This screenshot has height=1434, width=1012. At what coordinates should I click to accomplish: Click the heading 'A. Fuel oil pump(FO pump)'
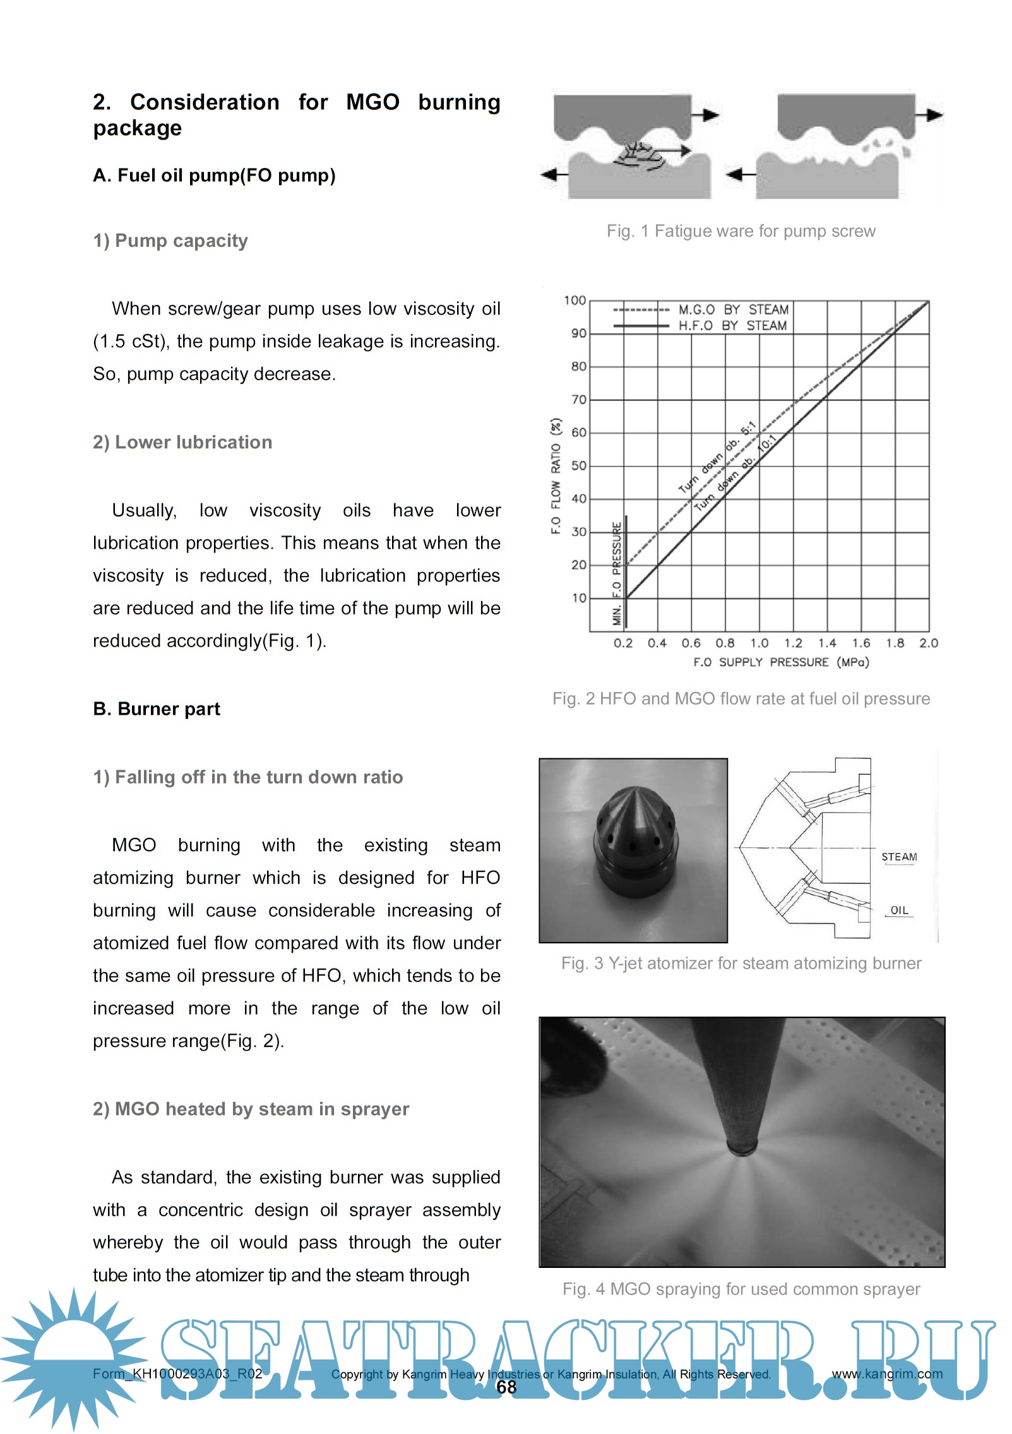(214, 176)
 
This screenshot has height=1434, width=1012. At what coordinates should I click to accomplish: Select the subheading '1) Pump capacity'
(170, 241)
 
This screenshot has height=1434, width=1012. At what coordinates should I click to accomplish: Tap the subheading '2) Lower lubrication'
(182, 442)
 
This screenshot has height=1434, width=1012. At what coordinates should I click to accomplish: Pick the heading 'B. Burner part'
(157, 709)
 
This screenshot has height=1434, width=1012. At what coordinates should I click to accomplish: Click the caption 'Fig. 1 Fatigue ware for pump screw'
(741, 231)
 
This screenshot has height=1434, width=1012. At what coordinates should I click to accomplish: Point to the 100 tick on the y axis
(574, 301)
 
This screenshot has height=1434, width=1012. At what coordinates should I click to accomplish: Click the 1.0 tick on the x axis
(759, 643)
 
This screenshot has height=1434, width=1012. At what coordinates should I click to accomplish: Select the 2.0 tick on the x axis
(928, 643)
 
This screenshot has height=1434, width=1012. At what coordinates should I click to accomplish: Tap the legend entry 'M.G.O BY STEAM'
(733, 309)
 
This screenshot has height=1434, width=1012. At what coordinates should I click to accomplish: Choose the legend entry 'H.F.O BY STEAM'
(732, 326)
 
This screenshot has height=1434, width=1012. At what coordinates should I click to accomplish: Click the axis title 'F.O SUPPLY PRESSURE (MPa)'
(781, 662)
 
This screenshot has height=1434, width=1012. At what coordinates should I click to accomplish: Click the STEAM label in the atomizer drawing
(899, 857)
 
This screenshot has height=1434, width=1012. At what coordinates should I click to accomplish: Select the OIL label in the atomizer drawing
(899, 910)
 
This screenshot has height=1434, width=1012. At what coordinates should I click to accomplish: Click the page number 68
(506, 1387)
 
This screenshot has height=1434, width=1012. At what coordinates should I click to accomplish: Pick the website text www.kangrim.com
(886, 1373)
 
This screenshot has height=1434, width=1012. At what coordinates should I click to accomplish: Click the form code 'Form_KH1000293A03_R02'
(177, 1373)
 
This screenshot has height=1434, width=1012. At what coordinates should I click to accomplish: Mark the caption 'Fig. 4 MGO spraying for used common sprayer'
(741, 1289)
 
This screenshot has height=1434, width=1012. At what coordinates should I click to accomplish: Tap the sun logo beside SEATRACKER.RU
(74, 1358)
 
